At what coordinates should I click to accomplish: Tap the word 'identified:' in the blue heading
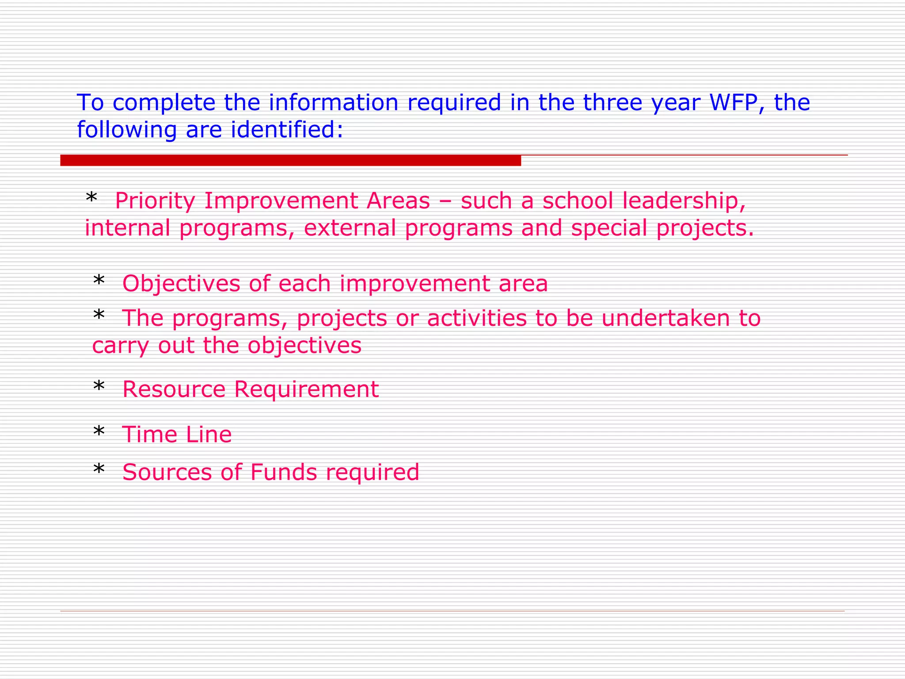[x=287, y=130]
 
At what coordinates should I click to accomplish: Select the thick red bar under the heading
[x=290, y=160]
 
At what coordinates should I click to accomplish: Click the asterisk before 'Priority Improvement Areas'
[x=91, y=198]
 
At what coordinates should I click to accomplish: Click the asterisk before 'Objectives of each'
[x=99, y=281]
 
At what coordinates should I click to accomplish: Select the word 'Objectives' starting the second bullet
[x=181, y=284]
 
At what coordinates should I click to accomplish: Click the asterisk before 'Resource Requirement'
[x=99, y=387]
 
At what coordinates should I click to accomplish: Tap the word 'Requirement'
[x=306, y=390]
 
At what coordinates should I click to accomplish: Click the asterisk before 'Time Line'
[x=99, y=432]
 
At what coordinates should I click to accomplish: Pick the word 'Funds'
[x=284, y=472]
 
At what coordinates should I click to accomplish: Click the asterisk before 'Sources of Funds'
[x=99, y=469]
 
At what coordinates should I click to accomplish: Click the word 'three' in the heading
[x=612, y=103]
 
